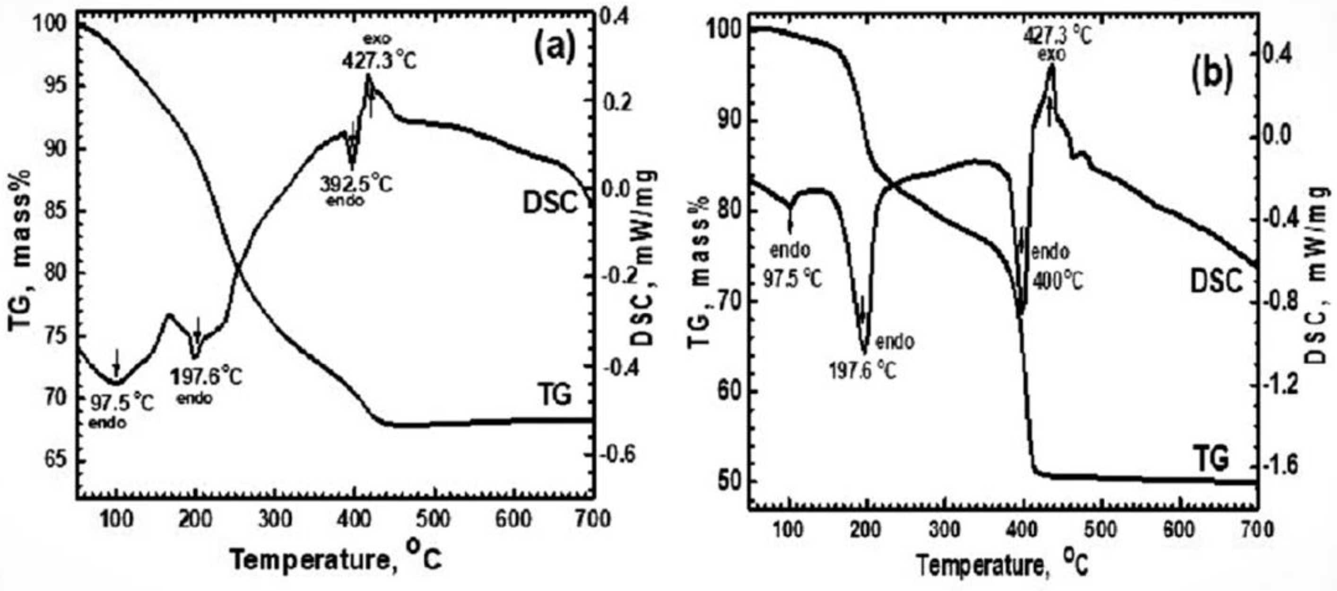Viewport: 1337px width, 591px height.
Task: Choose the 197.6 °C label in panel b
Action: click(862, 371)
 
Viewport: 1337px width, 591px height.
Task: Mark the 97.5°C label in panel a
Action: click(122, 403)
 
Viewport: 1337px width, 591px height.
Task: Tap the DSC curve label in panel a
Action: click(550, 203)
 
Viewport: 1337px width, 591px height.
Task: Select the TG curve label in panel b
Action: click(1210, 458)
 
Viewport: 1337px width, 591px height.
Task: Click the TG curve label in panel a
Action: click(553, 395)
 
